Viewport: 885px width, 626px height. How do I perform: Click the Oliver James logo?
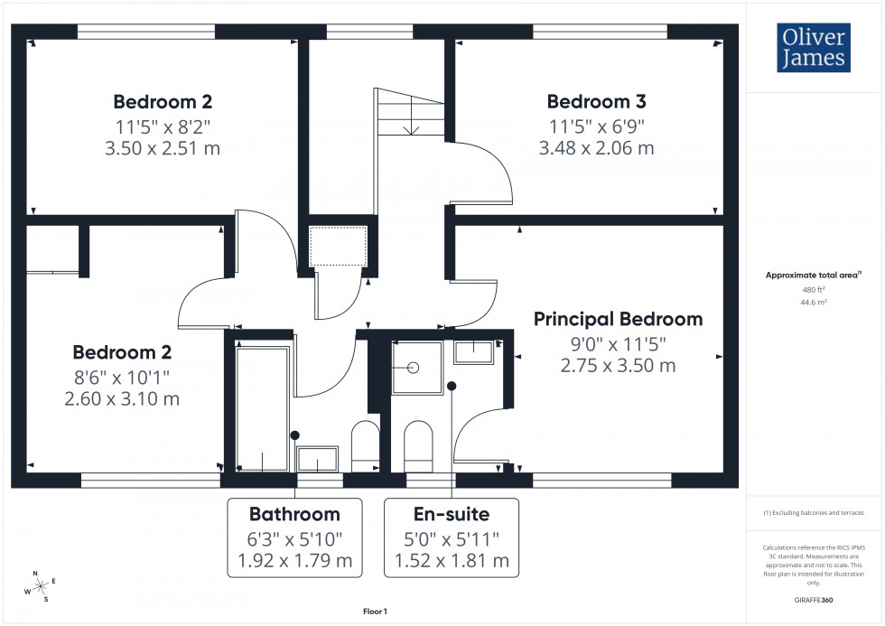click(x=812, y=48)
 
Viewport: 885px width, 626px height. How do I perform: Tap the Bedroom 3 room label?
click(x=596, y=101)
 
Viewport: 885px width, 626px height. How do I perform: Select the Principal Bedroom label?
click(x=618, y=319)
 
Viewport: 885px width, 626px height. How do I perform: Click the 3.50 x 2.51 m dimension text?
click(x=163, y=148)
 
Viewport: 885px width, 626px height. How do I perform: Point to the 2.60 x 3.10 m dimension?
click(x=122, y=398)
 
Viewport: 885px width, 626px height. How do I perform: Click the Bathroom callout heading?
click(x=294, y=515)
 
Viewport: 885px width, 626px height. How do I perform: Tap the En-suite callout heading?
click(x=452, y=515)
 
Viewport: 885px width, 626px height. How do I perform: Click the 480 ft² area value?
click(x=814, y=290)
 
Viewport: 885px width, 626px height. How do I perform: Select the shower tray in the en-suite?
click(x=416, y=368)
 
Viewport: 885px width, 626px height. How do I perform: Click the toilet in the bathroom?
click(x=366, y=444)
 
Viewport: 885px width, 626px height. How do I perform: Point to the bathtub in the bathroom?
click(x=263, y=409)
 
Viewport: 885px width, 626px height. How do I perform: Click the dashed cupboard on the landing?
click(x=339, y=245)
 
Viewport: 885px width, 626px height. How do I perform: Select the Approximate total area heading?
click(x=812, y=275)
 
